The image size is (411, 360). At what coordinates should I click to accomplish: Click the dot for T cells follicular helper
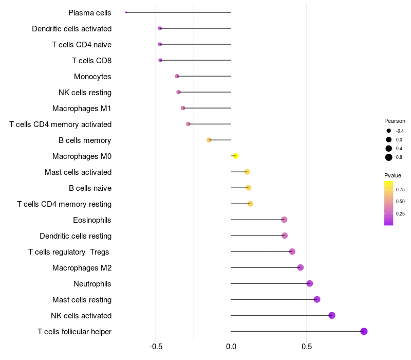click(x=364, y=331)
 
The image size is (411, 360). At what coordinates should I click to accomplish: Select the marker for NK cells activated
click(x=332, y=315)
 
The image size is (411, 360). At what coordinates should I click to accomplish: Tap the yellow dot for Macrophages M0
click(x=235, y=156)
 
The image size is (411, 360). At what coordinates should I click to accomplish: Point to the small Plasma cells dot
click(x=126, y=12)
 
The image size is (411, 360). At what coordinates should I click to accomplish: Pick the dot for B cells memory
click(x=209, y=140)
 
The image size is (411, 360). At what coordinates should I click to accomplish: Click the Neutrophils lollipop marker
click(x=309, y=283)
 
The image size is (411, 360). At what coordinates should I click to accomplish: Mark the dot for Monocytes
click(x=177, y=76)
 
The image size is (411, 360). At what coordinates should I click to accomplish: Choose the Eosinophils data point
click(x=284, y=220)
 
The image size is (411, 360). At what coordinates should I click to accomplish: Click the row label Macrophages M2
click(x=82, y=267)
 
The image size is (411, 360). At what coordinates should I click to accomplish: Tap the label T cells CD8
click(x=91, y=61)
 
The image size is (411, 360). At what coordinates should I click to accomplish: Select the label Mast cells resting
click(x=82, y=299)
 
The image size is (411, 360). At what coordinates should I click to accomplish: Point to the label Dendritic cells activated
click(x=71, y=29)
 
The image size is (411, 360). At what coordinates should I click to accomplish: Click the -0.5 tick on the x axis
click(x=156, y=347)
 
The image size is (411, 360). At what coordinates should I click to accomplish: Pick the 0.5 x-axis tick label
click(x=306, y=347)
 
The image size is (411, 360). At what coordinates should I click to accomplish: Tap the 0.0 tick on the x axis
click(x=231, y=347)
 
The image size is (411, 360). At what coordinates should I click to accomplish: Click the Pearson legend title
click(x=395, y=121)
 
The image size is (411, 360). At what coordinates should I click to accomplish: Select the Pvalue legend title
click(x=393, y=175)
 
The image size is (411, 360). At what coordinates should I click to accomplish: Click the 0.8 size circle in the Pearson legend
click(x=389, y=157)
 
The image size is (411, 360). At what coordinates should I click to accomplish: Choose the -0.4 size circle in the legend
click(x=389, y=131)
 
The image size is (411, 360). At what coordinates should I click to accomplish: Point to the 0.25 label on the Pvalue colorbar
click(x=400, y=213)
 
